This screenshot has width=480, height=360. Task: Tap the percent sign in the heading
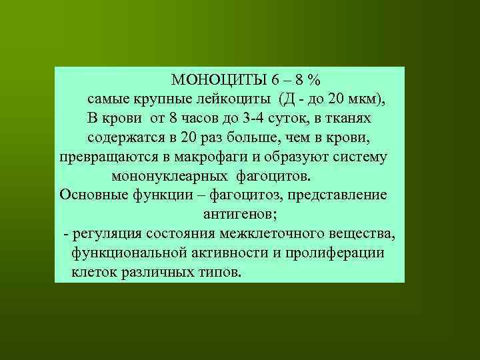pyautogui.click(x=314, y=80)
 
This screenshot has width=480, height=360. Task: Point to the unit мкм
pyautogui.click(x=364, y=99)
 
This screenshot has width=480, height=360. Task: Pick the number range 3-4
pyautogui.click(x=267, y=119)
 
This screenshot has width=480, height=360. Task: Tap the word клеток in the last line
pyautogui.click(x=95, y=273)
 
